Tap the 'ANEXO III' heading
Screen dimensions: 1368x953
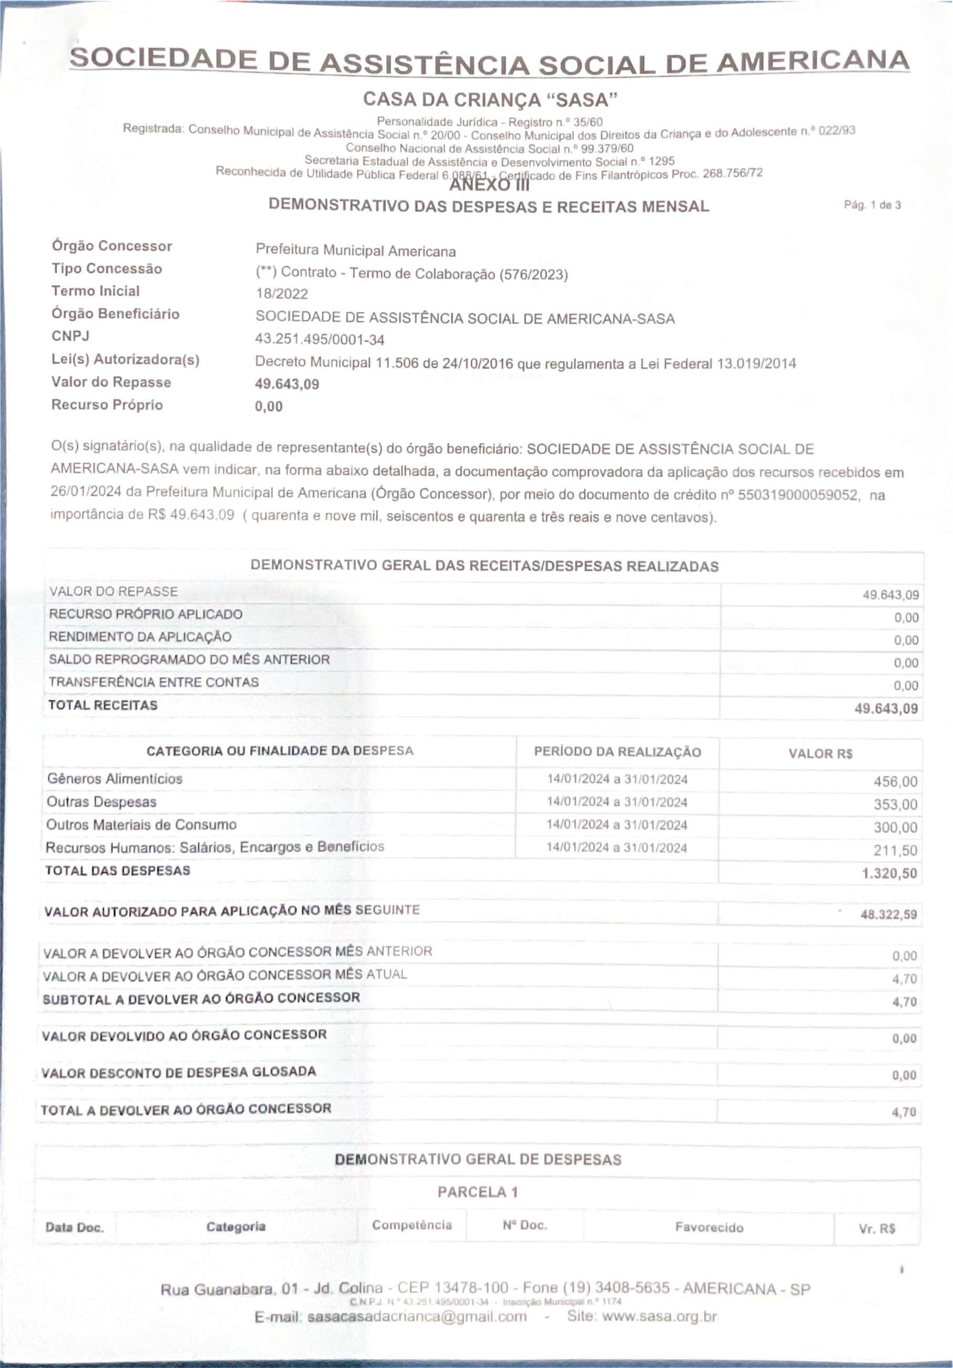click(x=489, y=185)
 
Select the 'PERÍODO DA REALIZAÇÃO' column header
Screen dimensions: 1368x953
click(x=617, y=752)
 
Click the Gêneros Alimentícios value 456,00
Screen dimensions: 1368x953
click(x=895, y=781)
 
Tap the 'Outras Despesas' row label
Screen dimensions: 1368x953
click(x=101, y=802)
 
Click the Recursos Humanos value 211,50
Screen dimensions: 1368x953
click(x=895, y=850)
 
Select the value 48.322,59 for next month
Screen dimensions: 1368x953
click(x=888, y=914)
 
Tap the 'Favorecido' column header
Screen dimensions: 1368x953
click(x=709, y=1227)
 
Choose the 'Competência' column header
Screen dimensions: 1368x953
click(x=412, y=1225)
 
